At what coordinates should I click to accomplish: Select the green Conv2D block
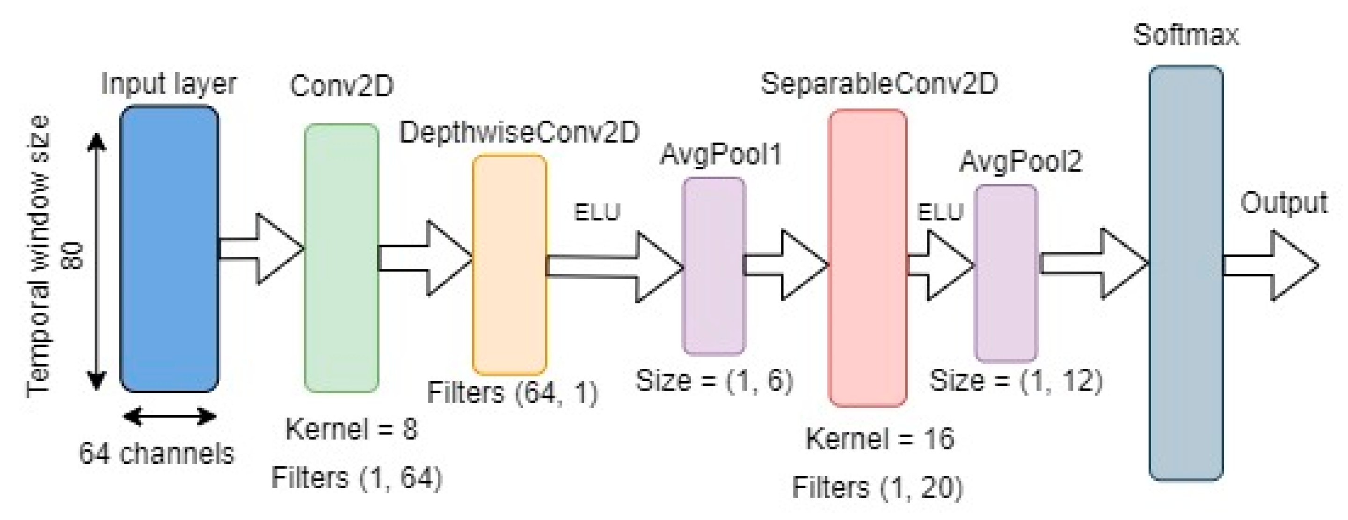341,258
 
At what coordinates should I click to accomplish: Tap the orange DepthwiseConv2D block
509,264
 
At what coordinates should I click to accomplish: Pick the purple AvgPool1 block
713,266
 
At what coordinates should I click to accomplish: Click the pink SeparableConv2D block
867,258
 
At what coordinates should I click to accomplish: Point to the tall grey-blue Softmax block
1185,273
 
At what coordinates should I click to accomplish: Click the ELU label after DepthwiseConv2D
597,212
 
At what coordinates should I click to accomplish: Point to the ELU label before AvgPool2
940,212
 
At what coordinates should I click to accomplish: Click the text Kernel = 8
351,429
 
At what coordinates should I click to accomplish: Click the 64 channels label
156,454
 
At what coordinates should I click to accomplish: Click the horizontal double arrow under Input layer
169,416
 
